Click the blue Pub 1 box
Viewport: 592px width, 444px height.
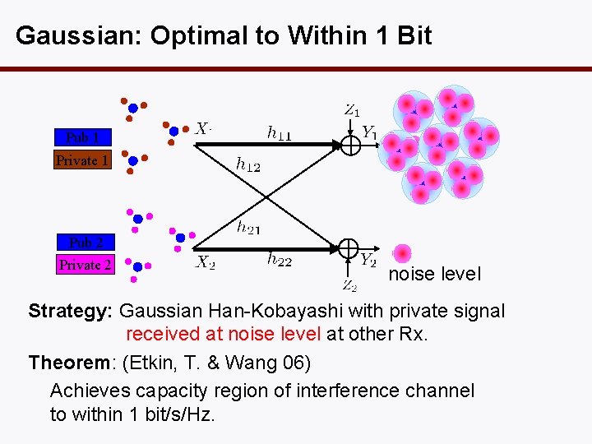(82, 137)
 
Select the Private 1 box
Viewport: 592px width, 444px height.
(82, 160)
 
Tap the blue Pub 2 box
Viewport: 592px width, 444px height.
(86, 243)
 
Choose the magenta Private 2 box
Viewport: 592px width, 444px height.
(86, 265)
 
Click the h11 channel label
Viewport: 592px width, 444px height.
(279, 132)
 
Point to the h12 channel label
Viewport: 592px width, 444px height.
(247, 165)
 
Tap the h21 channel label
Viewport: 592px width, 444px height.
(249, 227)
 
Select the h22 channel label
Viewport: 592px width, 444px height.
(280, 260)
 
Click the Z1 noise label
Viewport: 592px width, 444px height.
(351, 109)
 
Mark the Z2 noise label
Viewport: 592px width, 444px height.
(349, 285)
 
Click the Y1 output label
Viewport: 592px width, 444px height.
(370, 132)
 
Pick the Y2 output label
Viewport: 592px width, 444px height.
(368, 260)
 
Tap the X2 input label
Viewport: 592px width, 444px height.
(206, 262)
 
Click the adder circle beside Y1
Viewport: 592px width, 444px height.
(350, 145)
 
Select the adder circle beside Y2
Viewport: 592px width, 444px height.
(349, 247)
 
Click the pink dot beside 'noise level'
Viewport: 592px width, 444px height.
(402, 254)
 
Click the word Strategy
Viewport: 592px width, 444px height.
(71, 312)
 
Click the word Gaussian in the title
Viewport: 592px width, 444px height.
(68, 36)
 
